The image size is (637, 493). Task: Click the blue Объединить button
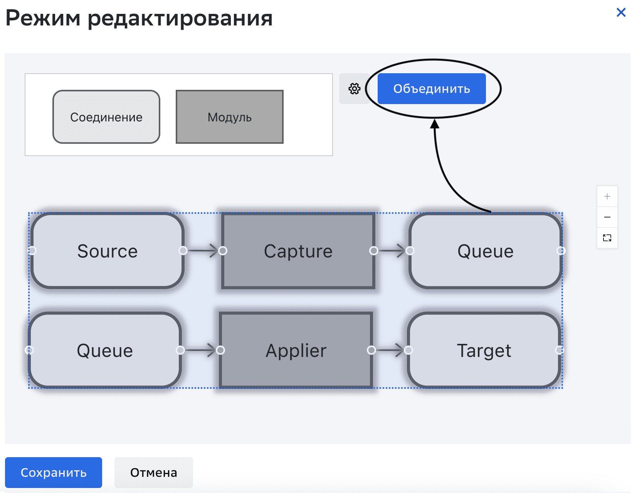pyautogui.click(x=431, y=89)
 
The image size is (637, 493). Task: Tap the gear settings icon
pyautogui.click(x=354, y=89)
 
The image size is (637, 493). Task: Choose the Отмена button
pyautogui.click(x=153, y=472)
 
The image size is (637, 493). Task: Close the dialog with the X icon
pyautogui.click(x=621, y=12)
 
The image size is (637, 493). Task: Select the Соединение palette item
pyautogui.click(x=106, y=117)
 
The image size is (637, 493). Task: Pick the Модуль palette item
pyautogui.click(x=230, y=117)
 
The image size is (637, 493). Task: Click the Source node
pyautogui.click(x=107, y=251)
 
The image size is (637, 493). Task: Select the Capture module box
pyautogui.click(x=298, y=251)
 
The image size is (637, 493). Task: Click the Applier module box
pyautogui.click(x=296, y=350)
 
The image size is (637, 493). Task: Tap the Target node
pyautogui.click(x=484, y=350)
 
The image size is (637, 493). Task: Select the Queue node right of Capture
pyautogui.click(x=485, y=251)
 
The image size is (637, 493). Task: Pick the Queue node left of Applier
pyautogui.click(x=105, y=350)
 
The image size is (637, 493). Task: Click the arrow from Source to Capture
pyautogui.click(x=203, y=251)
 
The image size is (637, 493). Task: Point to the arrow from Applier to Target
pyautogui.click(x=390, y=350)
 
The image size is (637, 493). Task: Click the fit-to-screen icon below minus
pyautogui.click(x=607, y=238)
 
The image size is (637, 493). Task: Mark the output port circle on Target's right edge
pyautogui.click(x=559, y=350)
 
